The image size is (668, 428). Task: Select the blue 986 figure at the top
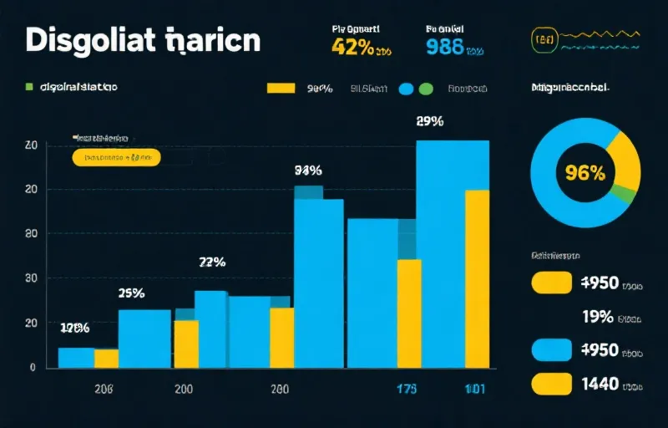pos(445,46)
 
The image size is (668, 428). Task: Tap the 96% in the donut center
pos(584,173)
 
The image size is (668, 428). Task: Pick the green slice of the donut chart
pos(623,194)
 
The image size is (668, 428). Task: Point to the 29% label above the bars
pos(429,121)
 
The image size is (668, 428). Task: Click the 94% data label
pos(308,171)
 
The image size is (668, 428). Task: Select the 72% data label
pos(212,262)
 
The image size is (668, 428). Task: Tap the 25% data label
pos(131,293)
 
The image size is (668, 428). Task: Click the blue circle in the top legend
pos(407,88)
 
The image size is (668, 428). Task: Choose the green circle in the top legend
pos(426,88)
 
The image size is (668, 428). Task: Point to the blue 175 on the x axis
pos(406,389)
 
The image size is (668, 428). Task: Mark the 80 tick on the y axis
pos(31,233)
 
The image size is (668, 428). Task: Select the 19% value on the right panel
pos(597,316)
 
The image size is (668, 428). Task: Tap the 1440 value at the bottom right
pos(599,384)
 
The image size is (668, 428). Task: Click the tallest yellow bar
pos(477,278)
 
